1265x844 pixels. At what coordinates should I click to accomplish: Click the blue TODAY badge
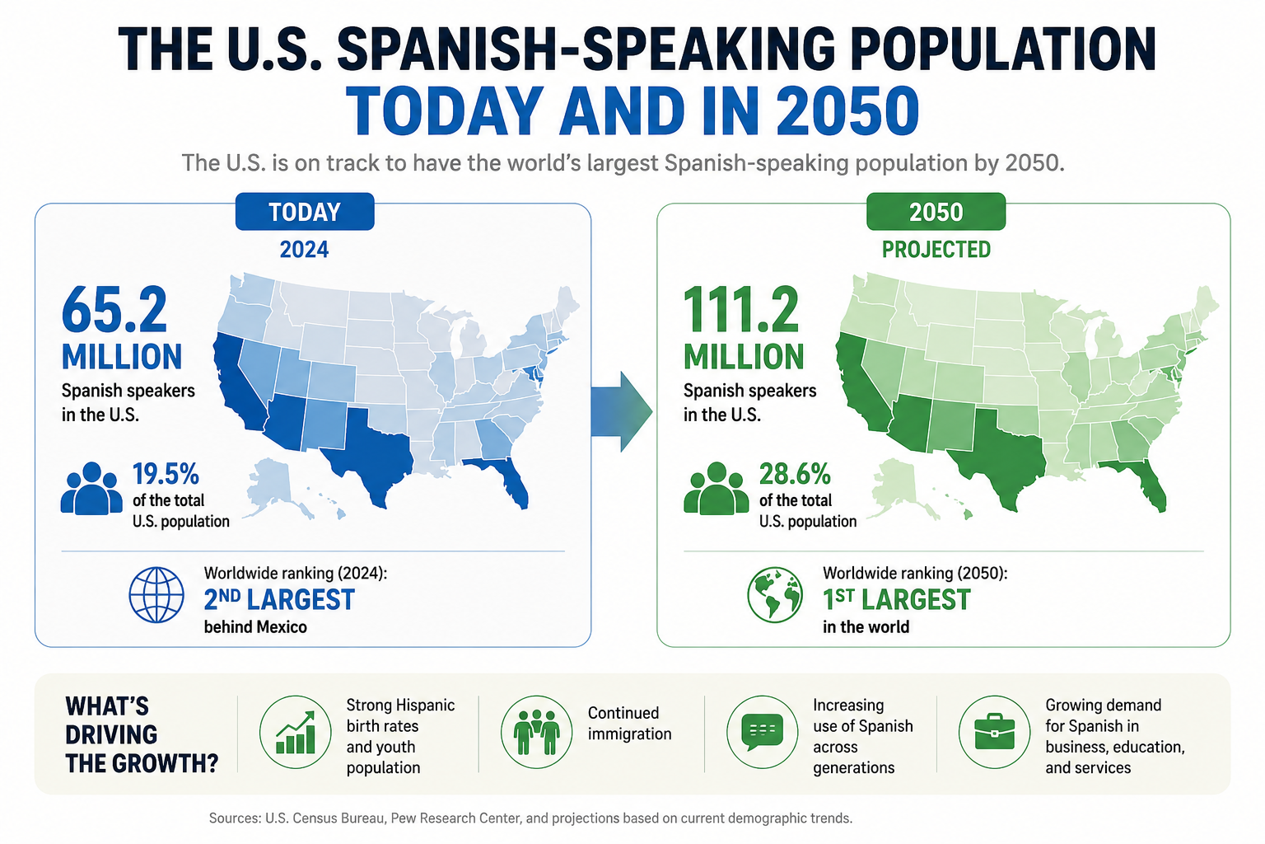click(x=305, y=212)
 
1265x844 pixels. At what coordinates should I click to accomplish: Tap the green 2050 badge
click(x=936, y=212)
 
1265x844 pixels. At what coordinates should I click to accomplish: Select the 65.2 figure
click(x=114, y=310)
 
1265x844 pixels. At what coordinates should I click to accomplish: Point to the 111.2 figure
click(x=741, y=310)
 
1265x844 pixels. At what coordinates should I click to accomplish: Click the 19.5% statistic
click(x=166, y=474)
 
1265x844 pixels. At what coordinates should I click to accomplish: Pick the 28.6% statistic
click(x=795, y=474)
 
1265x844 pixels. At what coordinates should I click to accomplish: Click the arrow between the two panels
click(x=622, y=411)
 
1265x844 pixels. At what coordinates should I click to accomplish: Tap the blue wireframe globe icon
click(x=156, y=595)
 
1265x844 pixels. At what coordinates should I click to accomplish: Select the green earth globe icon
click(x=775, y=595)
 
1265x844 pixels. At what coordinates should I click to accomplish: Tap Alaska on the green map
click(x=898, y=486)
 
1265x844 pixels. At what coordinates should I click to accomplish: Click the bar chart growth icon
click(x=296, y=732)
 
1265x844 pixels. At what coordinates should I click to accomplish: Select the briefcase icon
click(x=995, y=732)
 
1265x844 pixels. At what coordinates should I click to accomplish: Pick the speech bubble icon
click(x=762, y=732)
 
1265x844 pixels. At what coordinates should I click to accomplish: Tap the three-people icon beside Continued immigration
click(x=536, y=732)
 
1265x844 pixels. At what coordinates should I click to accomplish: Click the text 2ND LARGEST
click(x=279, y=600)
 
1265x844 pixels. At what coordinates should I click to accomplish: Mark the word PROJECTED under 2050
click(x=936, y=249)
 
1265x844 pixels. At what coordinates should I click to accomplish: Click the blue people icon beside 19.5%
click(x=91, y=488)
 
